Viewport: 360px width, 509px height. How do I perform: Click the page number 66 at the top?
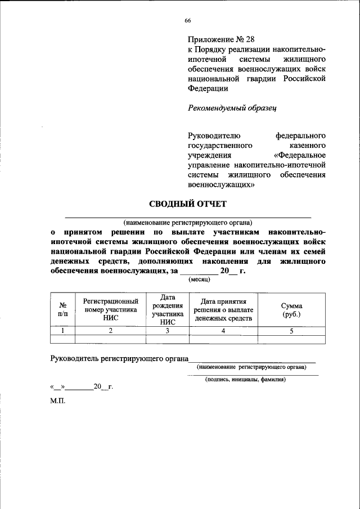pyautogui.click(x=188, y=21)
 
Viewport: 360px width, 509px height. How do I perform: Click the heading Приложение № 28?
pyautogui.click(x=215, y=39)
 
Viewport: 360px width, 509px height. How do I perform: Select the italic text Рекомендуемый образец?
pyautogui.click(x=232, y=107)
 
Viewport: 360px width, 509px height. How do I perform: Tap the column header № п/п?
pyautogui.click(x=62, y=310)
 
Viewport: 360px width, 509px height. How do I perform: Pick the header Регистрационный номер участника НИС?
pyautogui.click(x=110, y=310)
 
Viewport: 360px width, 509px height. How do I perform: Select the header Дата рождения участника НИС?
pyautogui.click(x=168, y=310)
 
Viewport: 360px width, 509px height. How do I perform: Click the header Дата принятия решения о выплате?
pyautogui.click(x=223, y=310)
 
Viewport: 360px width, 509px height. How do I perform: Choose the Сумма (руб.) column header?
pyautogui.click(x=291, y=310)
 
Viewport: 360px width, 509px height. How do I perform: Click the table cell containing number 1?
pyautogui.click(x=62, y=331)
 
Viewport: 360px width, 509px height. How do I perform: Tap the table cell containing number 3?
pyautogui.click(x=168, y=331)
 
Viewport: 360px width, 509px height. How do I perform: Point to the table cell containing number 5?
pyautogui.click(x=291, y=331)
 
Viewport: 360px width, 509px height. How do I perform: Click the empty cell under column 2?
pyautogui.click(x=110, y=339)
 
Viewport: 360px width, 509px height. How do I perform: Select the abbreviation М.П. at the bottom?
pyautogui.click(x=57, y=403)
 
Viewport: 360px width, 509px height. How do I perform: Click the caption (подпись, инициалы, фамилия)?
pyautogui.click(x=245, y=379)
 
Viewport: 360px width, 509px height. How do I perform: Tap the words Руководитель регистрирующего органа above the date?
pyautogui.click(x=119, y=358)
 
